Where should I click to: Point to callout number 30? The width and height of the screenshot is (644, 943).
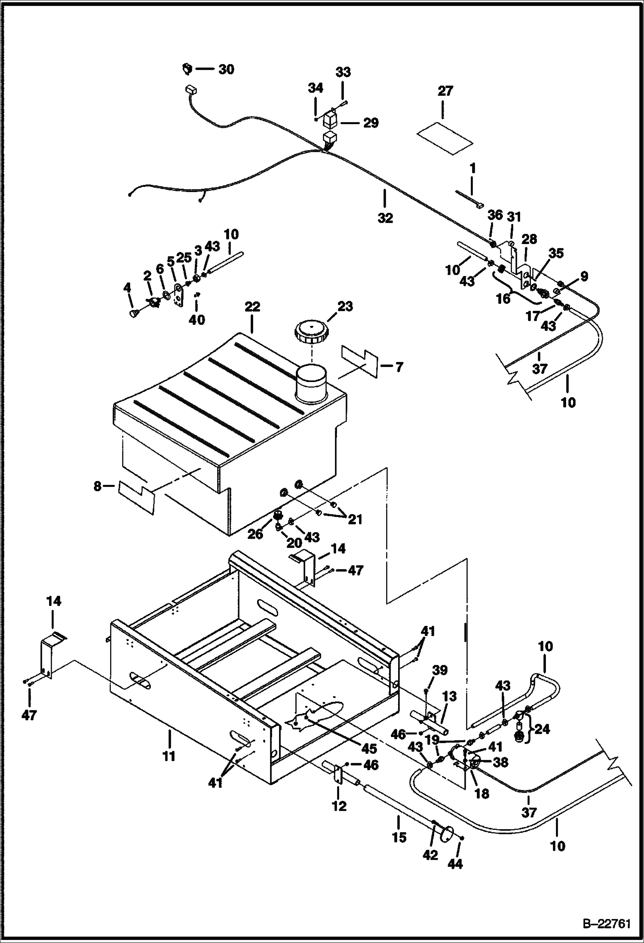click(226, 69)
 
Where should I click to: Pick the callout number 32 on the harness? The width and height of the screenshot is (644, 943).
click(385, 218)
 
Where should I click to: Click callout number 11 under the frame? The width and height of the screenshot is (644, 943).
click(169, 756)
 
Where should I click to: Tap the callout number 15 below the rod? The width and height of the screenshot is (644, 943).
click(399, 837)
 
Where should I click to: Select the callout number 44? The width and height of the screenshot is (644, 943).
click(455, 863)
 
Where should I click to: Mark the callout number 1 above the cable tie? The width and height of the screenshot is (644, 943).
click(472, 168)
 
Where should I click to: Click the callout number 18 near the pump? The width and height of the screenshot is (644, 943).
click(481, 793)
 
